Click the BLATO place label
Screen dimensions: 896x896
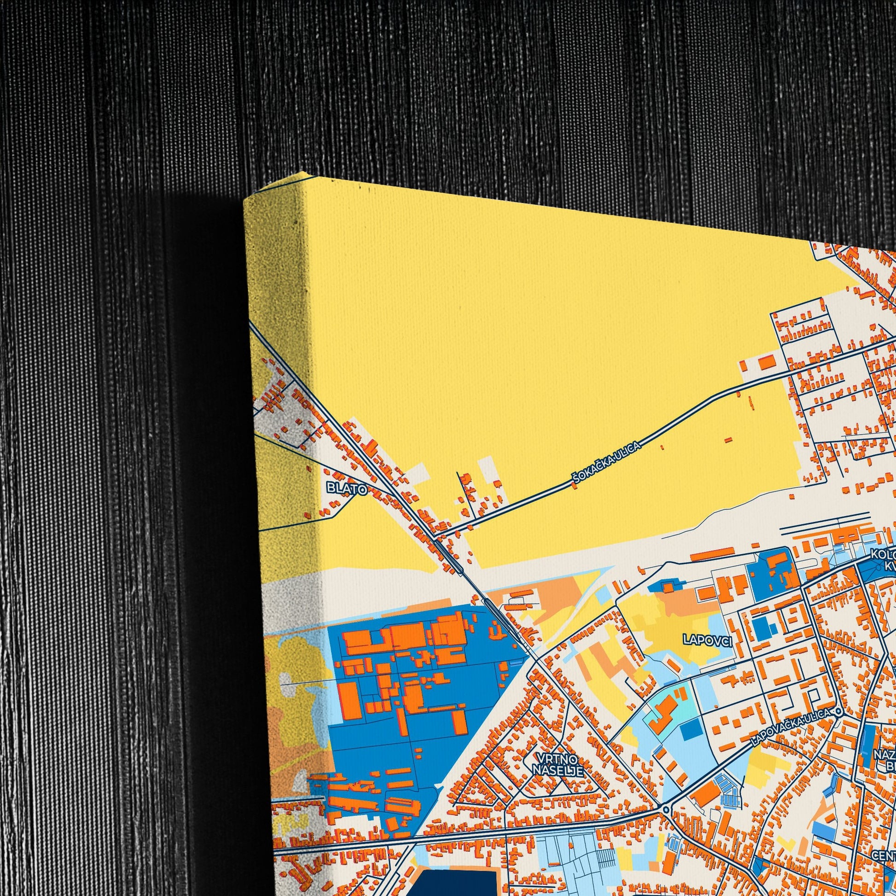coord(346,489)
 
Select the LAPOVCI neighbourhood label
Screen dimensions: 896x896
coord(707,641)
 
